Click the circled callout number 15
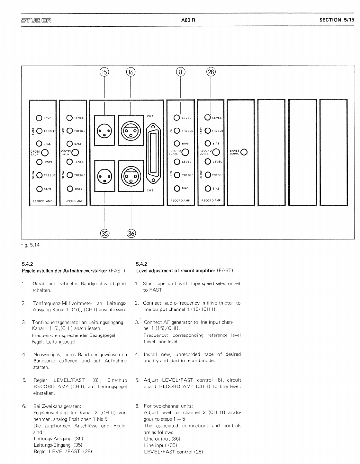click(105, 72)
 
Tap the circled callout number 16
click(131, 72)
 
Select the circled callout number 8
click(181, 72)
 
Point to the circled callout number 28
click(211, 72)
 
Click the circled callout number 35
click(105, 234)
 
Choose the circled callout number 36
click(131, 234)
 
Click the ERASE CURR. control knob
click(244, 152)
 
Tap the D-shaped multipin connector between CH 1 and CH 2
click(153, 153)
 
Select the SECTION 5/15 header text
click(337, 20)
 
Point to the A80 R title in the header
click(188, 20)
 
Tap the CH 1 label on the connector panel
click(150, 116)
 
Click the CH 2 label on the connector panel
click(150, 191)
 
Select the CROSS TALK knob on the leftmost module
click(45, 153)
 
